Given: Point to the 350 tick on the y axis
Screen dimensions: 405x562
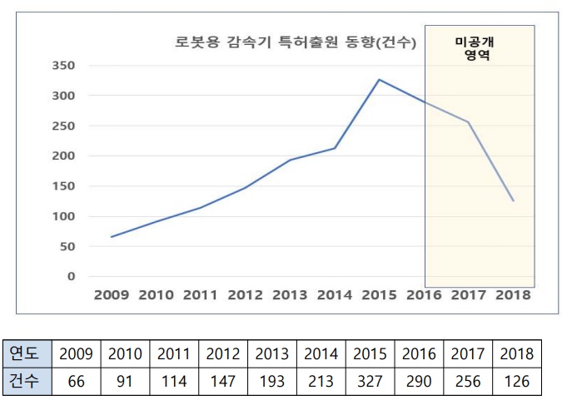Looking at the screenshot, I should point(63,66).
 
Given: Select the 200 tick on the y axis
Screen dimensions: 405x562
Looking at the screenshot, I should point(63,156).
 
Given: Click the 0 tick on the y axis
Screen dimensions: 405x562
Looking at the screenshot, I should point(71,276).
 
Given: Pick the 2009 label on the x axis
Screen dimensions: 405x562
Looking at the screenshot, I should point(111,294).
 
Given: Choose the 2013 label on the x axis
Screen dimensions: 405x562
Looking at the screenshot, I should point(290,294).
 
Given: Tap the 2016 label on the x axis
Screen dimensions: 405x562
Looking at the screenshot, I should point(424,294).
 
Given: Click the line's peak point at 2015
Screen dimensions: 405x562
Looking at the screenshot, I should point(380,80).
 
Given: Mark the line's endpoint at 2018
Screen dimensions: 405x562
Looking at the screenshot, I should point(514,200).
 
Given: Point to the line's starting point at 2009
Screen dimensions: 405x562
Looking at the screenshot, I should point(111,237).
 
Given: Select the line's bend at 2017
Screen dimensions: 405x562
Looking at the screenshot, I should point(469,122).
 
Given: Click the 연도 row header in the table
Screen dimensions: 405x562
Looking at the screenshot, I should point(27,353).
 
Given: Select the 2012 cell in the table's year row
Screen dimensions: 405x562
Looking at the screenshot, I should point(223,353).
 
